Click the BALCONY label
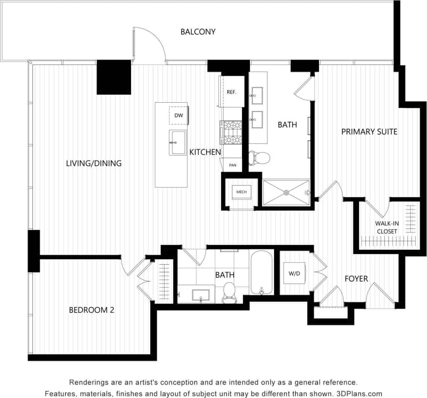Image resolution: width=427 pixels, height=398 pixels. point(197,32)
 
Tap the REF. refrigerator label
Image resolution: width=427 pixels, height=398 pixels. point(231,92)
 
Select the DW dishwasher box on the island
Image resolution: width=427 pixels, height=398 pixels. point(178,116)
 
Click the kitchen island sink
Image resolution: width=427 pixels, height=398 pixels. point(177,143)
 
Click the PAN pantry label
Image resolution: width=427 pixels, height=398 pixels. point(233,165)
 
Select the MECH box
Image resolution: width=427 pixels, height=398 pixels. point(241,191)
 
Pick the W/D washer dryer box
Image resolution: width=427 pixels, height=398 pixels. point(294,274)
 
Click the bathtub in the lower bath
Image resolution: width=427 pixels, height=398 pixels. point(262,272)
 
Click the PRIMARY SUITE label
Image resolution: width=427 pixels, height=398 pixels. point(369,132)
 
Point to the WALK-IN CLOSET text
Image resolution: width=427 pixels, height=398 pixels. point(387,227)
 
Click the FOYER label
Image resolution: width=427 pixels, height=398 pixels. point(356,278)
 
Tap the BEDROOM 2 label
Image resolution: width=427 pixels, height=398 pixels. point(91,310)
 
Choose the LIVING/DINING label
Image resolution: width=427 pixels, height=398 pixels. point(93,163)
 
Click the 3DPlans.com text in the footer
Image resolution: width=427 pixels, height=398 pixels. point(360,393)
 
